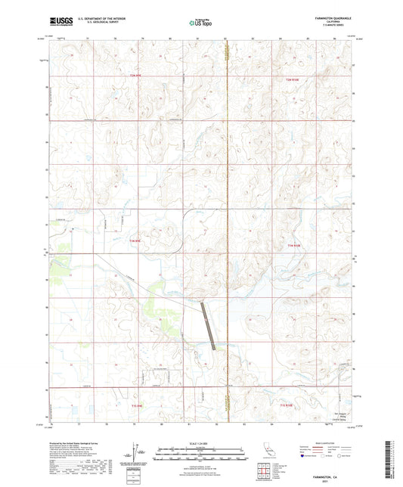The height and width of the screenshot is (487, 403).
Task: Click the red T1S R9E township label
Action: [137, 406]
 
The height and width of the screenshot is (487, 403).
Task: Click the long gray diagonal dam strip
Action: [210, 325]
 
